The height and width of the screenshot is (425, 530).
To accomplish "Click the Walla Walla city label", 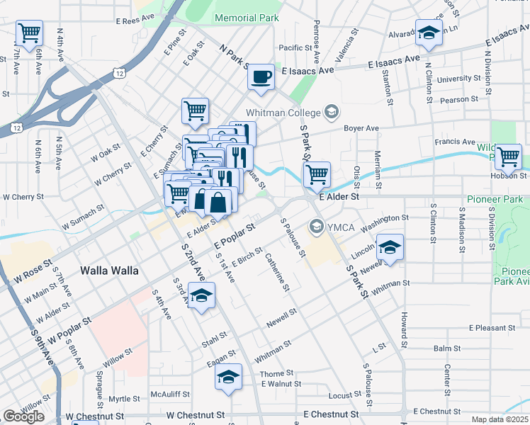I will point(108,271).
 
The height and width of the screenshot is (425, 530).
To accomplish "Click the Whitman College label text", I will point(283,113).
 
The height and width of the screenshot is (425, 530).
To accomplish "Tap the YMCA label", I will point(337,227).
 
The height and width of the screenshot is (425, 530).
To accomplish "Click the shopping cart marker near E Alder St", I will point(316,174).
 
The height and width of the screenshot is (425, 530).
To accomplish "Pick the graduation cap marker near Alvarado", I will point(428,33).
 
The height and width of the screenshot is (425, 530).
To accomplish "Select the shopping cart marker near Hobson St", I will point(508,156).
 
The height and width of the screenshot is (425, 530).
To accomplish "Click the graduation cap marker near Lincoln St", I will point(389,247).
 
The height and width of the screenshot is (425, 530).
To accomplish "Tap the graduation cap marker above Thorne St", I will point(228,377).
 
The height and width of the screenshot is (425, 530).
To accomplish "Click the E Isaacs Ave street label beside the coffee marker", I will point(308,72).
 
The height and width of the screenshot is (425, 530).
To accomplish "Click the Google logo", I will point(23,416).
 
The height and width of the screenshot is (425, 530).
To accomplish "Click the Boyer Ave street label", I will point(361,128).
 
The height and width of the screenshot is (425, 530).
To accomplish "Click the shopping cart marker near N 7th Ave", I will point(30,32).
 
